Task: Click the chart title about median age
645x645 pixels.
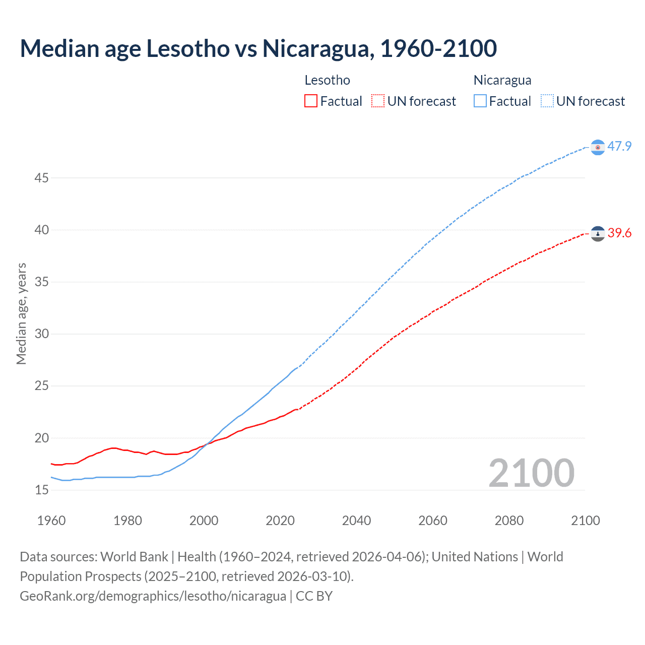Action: [x=258, y=48]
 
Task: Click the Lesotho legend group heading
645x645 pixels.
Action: [x=327, y=80]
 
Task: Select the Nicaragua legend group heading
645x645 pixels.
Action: [x=502, y=80]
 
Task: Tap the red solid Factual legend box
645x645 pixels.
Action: [x=311, y=101]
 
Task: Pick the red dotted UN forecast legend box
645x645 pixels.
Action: [x=378, y=101]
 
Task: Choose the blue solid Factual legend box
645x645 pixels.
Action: [x=480, y=101]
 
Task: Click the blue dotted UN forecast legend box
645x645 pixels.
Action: [x=547, y=101]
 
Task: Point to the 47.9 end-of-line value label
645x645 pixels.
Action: [x=619, y=146]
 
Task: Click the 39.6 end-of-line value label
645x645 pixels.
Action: [x=619, y=233]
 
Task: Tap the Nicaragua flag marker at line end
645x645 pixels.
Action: [x=598, y=147]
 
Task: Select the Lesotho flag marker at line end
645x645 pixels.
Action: [x=598, y=234]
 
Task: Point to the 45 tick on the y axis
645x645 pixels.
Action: [x=42, y=178]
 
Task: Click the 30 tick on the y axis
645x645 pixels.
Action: [x=42, y=334]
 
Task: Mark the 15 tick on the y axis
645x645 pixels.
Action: [x=42, y=490]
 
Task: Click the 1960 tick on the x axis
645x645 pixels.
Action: [x=51, y=521]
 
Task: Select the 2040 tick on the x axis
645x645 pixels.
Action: [x=356, y=521]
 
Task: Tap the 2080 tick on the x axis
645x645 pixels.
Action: [x=509, y=521]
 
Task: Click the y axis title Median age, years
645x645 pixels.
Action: [x=21, y=313]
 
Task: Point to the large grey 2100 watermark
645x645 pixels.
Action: [x=531, y=473]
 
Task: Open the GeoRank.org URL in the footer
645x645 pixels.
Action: [x=153, y=596]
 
